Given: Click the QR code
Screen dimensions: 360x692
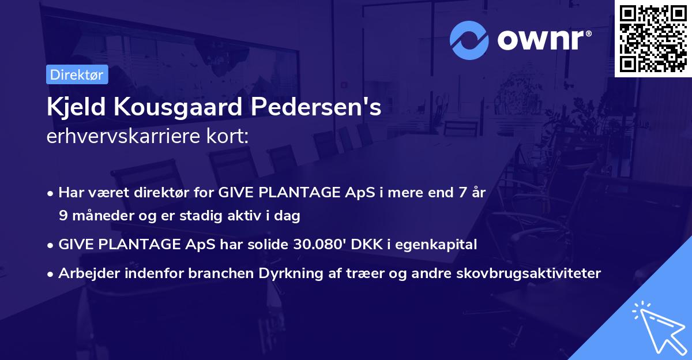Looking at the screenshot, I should (x=653, y=38).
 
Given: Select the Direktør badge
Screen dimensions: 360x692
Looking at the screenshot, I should (x=77, y=74).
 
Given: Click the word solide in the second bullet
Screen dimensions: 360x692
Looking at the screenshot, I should (x=272, y=245).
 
